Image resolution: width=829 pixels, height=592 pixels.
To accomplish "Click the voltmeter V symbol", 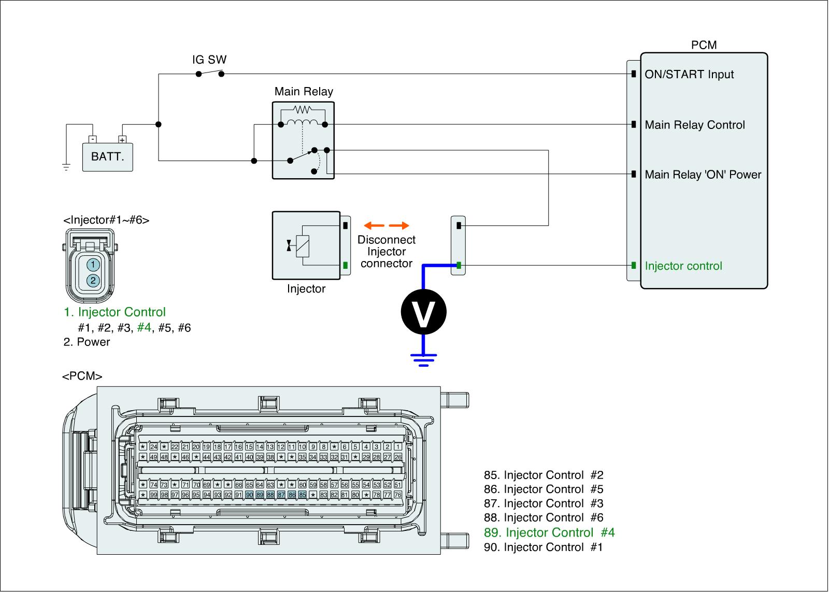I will coord(423,312).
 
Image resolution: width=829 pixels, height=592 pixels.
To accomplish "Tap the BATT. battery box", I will coord(108,156).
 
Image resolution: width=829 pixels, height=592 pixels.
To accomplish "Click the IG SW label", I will coord(209,60).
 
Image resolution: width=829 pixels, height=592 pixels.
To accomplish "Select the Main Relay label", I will coord(304,92).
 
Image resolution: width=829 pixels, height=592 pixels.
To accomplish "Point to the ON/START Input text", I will coord(689,75).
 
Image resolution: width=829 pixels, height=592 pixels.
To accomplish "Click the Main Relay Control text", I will coord(695,125).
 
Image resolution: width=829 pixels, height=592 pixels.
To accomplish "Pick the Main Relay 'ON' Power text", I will coord(703,175).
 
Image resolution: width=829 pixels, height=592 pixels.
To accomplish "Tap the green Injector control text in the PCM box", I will coord(683,266).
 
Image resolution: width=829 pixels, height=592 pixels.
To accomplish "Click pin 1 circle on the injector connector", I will coord(93,265).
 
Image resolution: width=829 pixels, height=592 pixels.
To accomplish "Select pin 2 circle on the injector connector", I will coord(93,281).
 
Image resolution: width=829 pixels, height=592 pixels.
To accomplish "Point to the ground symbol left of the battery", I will coord(66,167).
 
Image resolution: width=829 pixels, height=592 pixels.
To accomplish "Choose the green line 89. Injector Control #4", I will coord(549,532).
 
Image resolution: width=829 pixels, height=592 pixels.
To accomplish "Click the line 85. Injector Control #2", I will coord(544,475).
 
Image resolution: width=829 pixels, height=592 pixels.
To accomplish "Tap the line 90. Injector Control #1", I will coord(544,547).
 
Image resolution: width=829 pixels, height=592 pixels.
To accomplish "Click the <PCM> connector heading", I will coord(82,377).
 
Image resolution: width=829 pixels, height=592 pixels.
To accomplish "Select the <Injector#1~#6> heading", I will coord(106,220).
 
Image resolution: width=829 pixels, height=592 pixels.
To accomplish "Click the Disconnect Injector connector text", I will coord(387,252).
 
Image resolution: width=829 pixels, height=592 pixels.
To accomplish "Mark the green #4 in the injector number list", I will coord(144,328).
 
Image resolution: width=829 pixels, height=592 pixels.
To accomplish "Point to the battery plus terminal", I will coord(122,139).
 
